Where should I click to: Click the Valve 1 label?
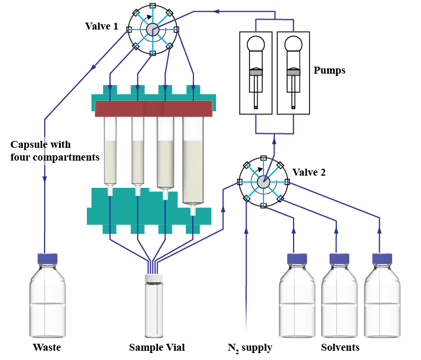101,27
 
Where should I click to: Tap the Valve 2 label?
309,172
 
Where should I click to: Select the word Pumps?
330,71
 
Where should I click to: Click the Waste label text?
47,348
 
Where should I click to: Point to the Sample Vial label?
157,348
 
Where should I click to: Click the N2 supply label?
250,348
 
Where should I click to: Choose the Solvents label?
340,348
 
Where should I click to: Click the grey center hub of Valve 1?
152,30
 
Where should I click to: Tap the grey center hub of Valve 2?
263,181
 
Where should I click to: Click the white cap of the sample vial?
156,278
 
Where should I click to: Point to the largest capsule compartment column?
193,160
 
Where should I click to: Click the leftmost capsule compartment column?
110,151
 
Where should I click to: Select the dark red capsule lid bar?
154,108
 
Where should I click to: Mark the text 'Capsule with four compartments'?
54,150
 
